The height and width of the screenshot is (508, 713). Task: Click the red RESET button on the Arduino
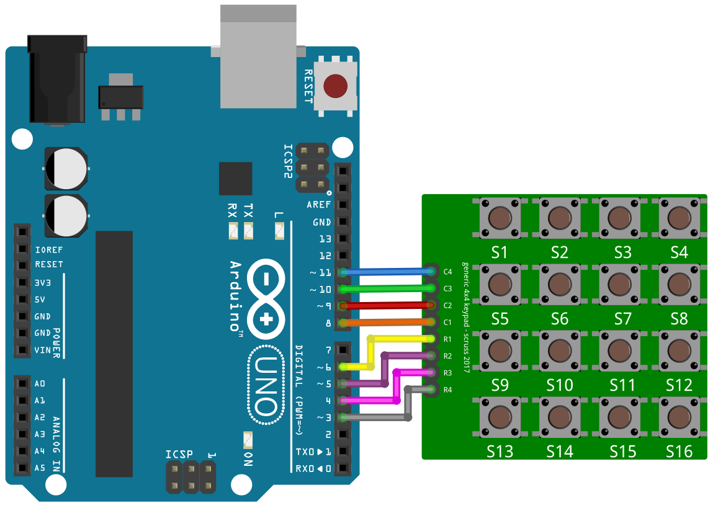tap(336, 86)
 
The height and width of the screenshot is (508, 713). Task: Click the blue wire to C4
tap(385, 272)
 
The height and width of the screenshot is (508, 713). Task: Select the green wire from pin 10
tap(385, 288)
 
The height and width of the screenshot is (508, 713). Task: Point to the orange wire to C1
tap(385, 322)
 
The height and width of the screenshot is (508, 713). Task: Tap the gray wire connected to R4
tap(372, 417)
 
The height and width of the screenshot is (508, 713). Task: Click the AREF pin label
tap(319, 205)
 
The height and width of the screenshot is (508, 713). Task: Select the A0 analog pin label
tap(40, 384)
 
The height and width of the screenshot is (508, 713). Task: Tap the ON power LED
tap(248, 440)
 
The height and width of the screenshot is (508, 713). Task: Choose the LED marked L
tap(279, 231)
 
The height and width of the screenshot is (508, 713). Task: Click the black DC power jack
tap(57, 81)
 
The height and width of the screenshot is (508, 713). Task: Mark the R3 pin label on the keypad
tap(447, 373)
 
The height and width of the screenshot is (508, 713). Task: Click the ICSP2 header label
tap(288, 161)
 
